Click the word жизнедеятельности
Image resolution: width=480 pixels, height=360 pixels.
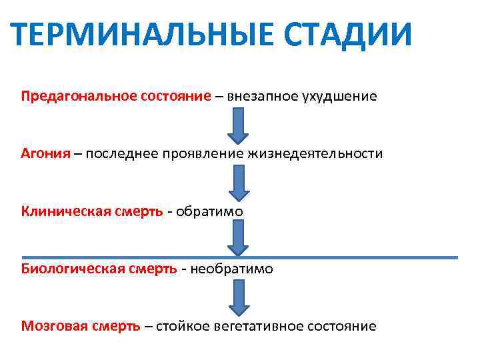point(315,153)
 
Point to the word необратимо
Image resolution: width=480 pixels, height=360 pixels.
point(232,269)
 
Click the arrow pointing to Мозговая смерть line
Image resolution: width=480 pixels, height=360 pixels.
point(239,297)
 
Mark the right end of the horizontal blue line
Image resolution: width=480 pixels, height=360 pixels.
point(457,257)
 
